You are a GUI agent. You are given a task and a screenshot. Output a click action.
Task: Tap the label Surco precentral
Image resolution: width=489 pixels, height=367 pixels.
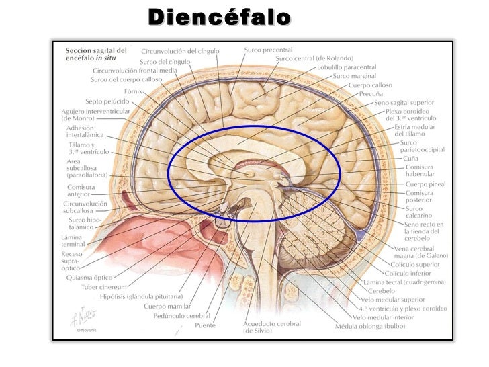[x=268, y=50]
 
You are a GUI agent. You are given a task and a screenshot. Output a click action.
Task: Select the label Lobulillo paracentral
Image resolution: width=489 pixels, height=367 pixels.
[x=347, y=67]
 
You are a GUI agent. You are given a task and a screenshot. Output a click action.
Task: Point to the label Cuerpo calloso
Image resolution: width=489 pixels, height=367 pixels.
[x=370, y=85]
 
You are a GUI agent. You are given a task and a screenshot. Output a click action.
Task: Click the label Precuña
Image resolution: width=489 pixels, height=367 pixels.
[x=370, y=94]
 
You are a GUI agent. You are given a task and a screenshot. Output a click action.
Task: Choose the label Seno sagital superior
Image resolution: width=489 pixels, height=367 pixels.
[x=404, y=103]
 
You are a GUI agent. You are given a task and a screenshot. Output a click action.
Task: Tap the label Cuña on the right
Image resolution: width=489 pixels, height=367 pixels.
[x=411, y=158]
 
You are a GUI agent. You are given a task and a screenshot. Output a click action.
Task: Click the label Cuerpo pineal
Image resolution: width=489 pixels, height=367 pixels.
[x=425, y=184]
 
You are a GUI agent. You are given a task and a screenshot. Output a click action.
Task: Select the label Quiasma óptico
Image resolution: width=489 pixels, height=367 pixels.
[x=90, y=277]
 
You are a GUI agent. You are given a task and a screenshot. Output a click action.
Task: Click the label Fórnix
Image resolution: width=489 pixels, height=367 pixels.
[x=132, y=91]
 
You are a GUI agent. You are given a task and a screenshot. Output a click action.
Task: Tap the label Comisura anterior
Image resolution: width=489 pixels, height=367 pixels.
[x=83, y=190]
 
